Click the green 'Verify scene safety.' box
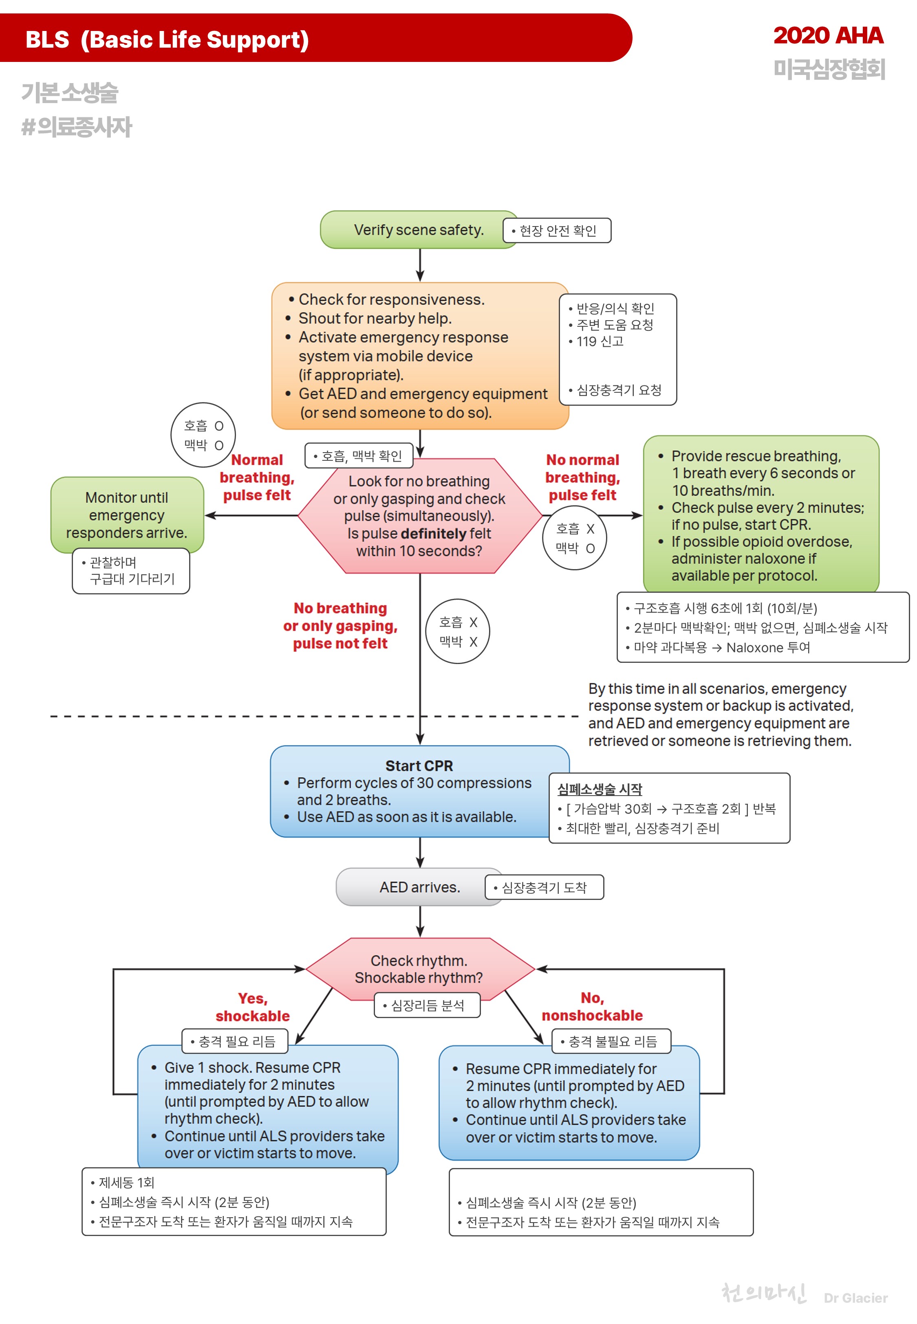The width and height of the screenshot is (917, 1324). point(418,230)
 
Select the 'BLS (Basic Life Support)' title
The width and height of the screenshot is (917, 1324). point(167,40)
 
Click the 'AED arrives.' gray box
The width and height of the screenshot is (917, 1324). point(419,887)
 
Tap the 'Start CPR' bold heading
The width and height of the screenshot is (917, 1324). point(419,765)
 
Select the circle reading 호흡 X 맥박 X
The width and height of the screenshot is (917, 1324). point(457,631)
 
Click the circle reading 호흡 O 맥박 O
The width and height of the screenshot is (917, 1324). point(203,435)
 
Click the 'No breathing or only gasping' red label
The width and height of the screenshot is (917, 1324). point(340,625)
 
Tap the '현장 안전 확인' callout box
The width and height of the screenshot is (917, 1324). point(557,230)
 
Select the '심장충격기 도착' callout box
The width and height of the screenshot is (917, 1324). point(544,888)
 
